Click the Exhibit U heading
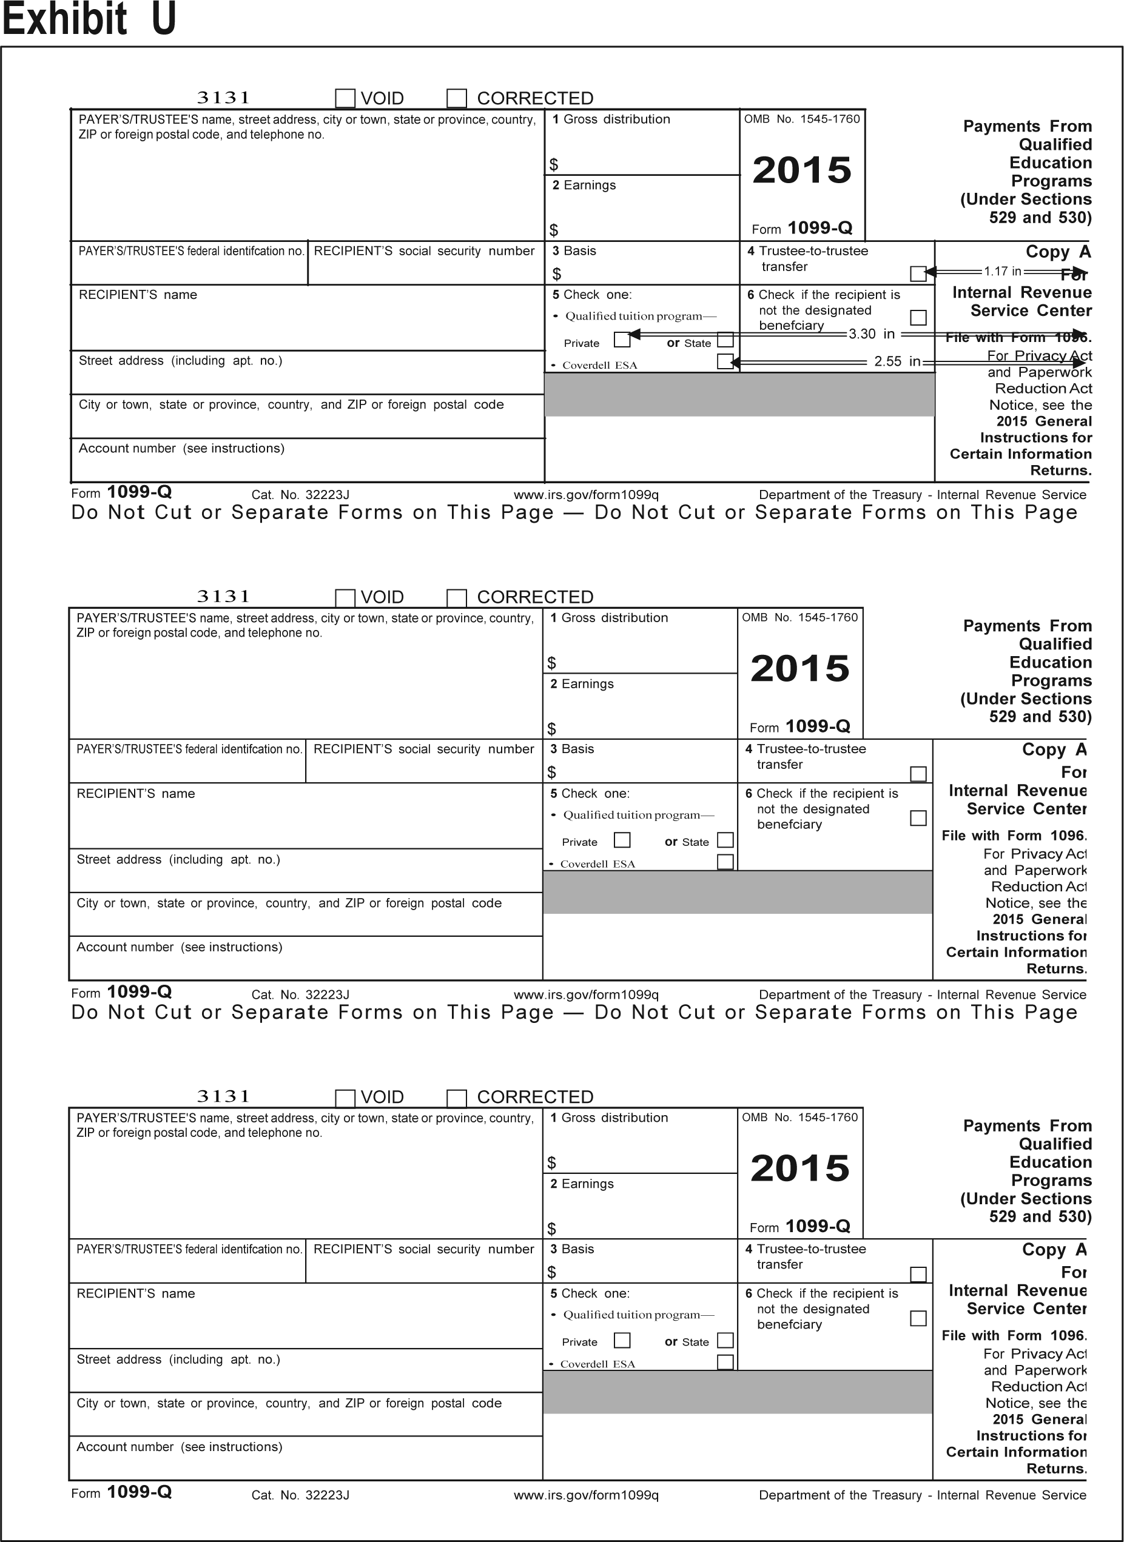tap(89, 18)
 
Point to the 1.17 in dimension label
tap(1002, 272)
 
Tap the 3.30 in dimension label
tap(872, 334)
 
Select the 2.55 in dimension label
tap(897, 361)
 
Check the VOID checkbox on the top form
tap(346, 99)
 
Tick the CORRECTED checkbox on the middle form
tap(457, 598)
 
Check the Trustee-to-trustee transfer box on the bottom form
tap(918, 1274)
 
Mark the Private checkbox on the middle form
tap(622, 840)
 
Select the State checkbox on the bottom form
tap(725, 1340)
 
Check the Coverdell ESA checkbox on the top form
tap(725, 361)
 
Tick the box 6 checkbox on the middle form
tap(918, 817)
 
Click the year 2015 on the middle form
tap(800, 669)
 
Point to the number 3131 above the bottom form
tap(223, 1096)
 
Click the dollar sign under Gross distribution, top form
tap(554, 164)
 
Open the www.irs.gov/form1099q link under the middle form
tap(586, 994)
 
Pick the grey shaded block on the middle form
tap(738, 892)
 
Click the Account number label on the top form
tap(181, 448)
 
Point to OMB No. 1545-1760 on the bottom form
tap(800, 1117)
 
